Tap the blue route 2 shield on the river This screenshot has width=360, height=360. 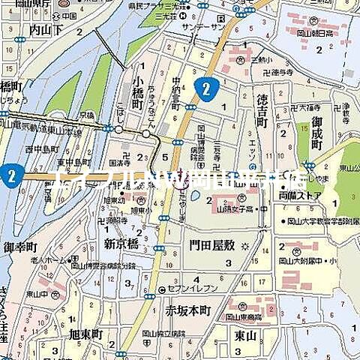tap(10, 176)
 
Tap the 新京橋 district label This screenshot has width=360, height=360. tap(122, 244)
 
